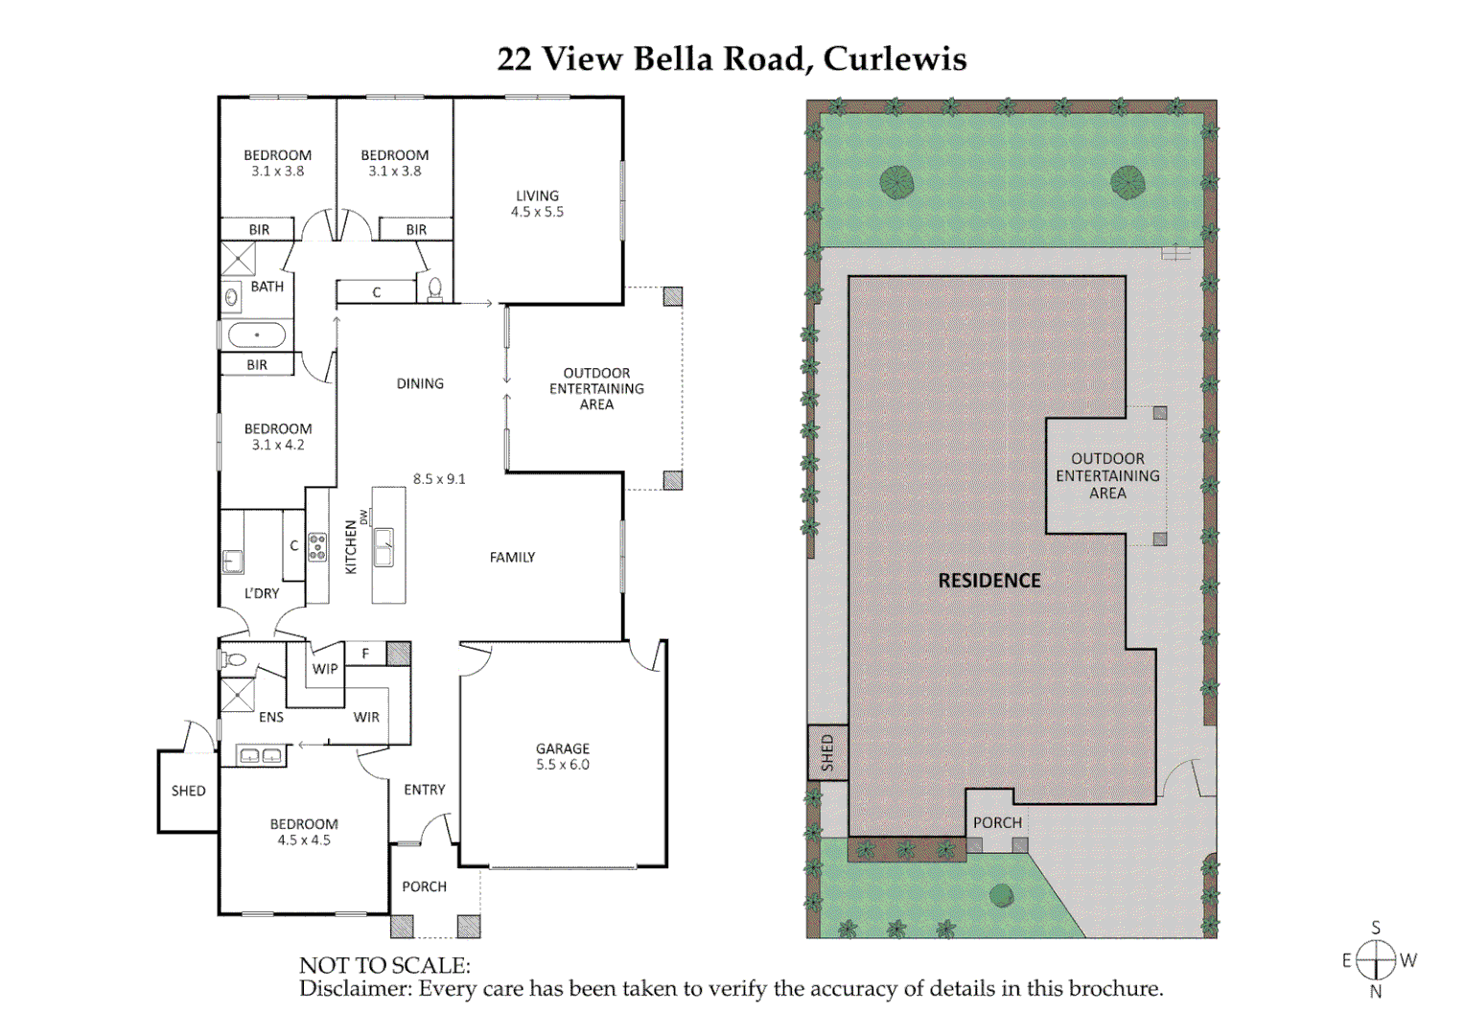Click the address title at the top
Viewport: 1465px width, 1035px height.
coord(732,59)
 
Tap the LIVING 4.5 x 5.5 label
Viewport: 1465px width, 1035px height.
coord(537,203)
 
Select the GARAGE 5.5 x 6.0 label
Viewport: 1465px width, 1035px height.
coord(563,756)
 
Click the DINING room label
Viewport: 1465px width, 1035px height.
coord(420,383)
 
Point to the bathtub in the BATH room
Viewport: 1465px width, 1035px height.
coord(256,335)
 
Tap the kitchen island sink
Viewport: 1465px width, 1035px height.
coord(384,547)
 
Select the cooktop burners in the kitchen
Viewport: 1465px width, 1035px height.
coord(317,547)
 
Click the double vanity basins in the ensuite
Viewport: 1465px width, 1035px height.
coord(261,756)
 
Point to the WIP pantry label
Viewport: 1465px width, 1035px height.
coord(325,669)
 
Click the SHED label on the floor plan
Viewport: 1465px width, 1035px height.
coord(188,791)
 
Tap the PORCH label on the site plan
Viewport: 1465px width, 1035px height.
coord(997,822)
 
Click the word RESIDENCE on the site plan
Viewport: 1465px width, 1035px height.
coord(988,581)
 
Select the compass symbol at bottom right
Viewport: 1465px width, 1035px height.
coord(1376,959)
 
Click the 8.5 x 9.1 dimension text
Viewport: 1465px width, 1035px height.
coord(439,478)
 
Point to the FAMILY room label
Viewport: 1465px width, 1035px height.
coord(512,557)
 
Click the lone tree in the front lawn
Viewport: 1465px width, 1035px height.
coord(1002,895)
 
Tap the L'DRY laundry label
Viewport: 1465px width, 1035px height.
coord(262,593)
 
